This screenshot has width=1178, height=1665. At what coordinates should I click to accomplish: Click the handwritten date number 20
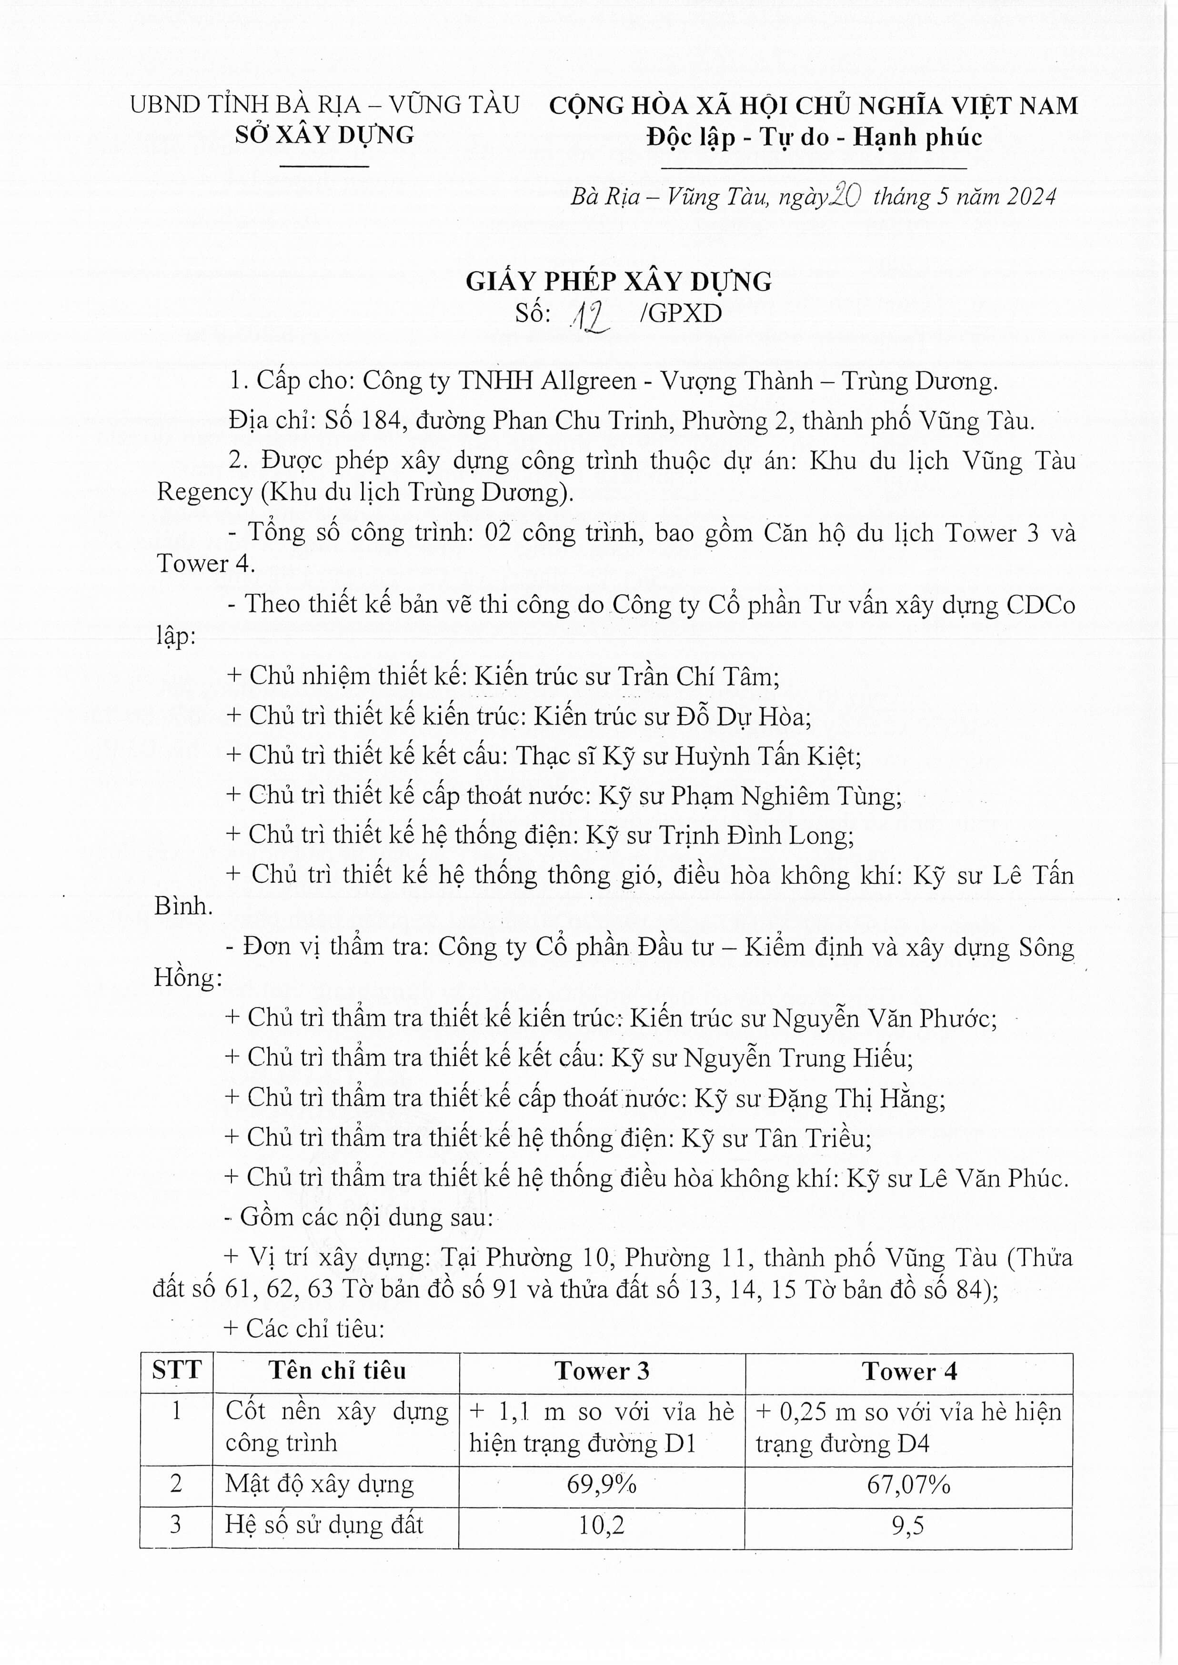click(845, 195)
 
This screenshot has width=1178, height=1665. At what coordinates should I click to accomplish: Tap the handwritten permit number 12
click(591, 316)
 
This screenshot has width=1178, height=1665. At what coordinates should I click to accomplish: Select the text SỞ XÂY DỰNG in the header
click(324, 136)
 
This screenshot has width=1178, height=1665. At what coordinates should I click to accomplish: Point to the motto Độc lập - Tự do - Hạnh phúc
click(814, 137)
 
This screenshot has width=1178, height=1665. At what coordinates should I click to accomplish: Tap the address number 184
click(378, 420)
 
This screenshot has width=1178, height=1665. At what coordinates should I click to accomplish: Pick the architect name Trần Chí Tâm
click(698, 677)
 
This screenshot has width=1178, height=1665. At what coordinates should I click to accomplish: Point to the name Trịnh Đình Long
click(755, 836)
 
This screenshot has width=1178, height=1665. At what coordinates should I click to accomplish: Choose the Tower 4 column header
click(909, 1371)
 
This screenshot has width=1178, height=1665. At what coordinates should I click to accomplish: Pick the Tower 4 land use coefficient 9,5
click(908, 1525)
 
